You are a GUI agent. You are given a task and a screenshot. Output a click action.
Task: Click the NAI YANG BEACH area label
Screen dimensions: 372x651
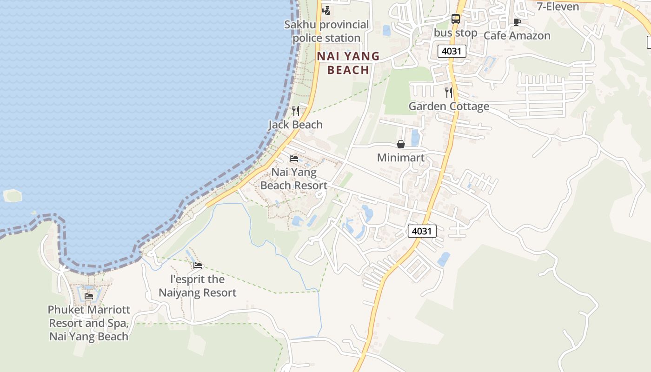348,63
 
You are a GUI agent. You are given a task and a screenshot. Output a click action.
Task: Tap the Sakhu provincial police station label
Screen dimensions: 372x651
326,31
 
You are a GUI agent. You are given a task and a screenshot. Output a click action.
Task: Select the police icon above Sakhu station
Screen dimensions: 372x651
326,10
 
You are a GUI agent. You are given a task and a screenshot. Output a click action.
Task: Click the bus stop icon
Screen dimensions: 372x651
456,19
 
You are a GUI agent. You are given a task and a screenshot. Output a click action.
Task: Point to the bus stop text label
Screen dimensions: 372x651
456,33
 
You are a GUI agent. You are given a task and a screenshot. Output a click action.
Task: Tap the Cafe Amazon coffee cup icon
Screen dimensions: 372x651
517,22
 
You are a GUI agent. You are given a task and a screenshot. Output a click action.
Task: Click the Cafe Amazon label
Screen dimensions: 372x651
517,36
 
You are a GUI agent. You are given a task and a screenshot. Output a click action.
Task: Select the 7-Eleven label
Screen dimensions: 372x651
558,7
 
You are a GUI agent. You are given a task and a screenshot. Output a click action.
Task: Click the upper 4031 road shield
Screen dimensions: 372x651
452,51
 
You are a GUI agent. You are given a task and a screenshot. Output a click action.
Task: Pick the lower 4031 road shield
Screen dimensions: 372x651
422,231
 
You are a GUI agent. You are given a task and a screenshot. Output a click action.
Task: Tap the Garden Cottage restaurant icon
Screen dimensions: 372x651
448,92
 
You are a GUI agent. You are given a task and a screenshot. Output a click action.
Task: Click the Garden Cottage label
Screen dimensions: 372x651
449,106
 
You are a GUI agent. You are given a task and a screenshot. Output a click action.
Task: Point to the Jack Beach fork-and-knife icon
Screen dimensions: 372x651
295,111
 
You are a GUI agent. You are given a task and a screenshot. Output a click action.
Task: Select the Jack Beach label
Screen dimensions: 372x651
295,125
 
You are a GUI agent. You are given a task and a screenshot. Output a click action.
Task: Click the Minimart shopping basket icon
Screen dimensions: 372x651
401,144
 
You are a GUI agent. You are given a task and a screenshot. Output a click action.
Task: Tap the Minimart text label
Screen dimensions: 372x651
401,158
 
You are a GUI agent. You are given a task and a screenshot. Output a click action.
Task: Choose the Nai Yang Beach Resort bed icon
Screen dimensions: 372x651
294,159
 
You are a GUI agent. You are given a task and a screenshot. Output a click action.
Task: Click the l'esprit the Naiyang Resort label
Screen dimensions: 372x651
198,286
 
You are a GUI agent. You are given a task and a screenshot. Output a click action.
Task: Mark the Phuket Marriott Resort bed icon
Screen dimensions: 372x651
89,296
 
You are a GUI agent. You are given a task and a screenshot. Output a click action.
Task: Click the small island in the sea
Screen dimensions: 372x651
13,195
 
